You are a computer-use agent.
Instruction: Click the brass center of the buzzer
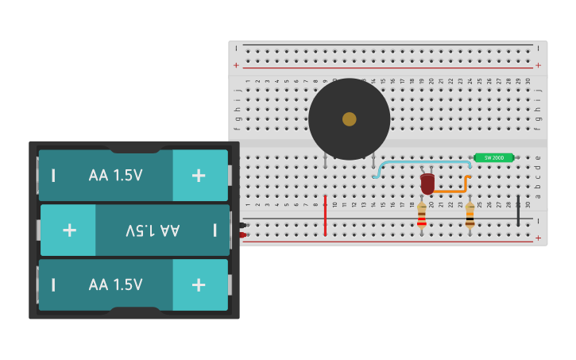(349, 119)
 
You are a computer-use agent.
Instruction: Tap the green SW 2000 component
(493, 157)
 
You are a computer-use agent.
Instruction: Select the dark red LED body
(427, 184)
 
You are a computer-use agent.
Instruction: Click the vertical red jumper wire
(325, 215)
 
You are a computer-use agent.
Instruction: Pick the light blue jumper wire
(421, 162)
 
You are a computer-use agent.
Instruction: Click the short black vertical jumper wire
(518, 211)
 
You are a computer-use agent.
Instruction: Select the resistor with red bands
(421, 216)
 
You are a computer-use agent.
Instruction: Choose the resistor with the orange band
(470, 216)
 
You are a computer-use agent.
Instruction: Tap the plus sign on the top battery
(199, 175)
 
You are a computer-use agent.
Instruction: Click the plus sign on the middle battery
(69, 230)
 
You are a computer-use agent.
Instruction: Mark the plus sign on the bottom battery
(199, 285)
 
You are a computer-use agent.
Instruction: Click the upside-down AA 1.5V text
(153, 230)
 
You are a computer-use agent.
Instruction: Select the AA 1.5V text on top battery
(116, 175)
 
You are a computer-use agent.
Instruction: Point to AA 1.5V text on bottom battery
(116, 285)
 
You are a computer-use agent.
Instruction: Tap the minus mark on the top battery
(54, 175)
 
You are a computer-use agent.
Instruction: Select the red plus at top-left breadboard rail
(236, 65)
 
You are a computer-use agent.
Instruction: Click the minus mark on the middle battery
(215, 230)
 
